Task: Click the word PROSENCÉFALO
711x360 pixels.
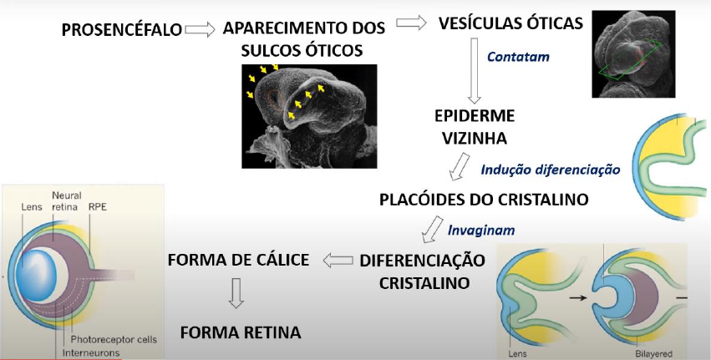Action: [121, 31]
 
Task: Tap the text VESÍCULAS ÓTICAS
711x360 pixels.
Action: [510, 23]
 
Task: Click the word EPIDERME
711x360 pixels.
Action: [473, 114]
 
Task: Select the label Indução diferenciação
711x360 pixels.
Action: [550, 170]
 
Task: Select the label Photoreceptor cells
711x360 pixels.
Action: [114, 339]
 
